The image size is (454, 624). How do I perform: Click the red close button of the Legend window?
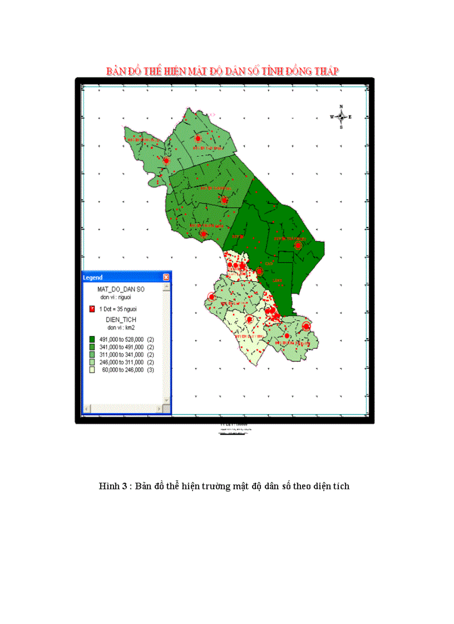point(166,277)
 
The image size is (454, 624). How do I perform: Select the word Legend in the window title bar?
point(93,277)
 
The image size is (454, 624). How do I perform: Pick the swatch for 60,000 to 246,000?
point(92,370)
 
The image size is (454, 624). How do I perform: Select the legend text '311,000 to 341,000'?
point(122,355)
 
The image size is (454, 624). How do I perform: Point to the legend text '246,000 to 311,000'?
point(122,362)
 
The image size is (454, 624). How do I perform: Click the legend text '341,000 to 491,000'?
point(122,347)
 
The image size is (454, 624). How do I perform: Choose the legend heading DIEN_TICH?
point(121,320)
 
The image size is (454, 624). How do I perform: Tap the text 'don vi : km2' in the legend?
point(121,327)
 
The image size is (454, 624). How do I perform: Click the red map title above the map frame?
point(223,71)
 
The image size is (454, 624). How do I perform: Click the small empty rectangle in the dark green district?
point(285,257)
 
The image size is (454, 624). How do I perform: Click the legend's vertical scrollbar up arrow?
point(166,287)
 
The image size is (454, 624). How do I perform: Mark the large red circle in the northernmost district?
point(197,138)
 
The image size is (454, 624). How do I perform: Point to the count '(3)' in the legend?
point(150,370)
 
